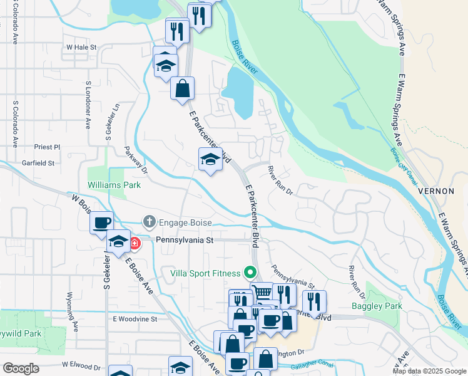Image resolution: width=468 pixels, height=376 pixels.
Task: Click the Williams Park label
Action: (x=114, y=185)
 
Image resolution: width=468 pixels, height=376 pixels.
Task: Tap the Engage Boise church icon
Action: (x=149, y=222)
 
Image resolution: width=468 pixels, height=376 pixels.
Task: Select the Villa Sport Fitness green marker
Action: (x=250, y=273)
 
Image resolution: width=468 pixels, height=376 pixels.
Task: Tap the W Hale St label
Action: (x=81, y=47)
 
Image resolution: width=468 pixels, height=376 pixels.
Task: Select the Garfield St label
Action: (x=36, y=163)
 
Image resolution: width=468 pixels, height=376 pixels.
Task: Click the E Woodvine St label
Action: (x=134, y=319)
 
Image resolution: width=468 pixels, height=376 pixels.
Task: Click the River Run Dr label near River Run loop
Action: (x=280, y=180)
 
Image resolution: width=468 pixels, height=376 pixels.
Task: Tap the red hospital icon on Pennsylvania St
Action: (x=135, y=242)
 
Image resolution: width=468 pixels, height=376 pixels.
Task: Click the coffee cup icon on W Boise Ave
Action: (x=101, y=222)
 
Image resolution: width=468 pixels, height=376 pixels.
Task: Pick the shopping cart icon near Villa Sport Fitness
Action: (x=262, y=292)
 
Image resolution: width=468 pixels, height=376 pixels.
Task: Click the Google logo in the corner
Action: (x=21, y=368)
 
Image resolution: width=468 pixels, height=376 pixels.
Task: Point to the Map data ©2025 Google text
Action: (x=429, y=371)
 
